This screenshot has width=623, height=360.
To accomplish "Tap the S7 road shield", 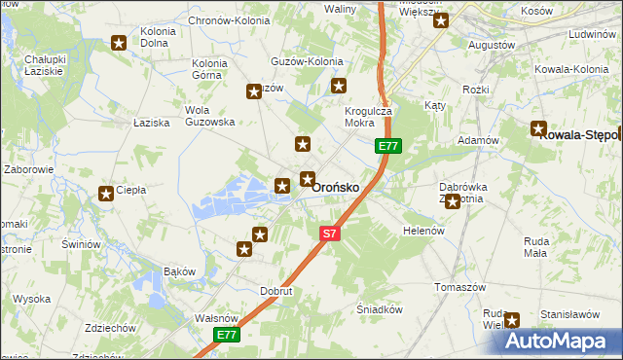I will [331, 234].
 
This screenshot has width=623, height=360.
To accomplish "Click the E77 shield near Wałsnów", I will [227, 335].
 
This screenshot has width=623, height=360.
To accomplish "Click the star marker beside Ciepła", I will [106, 194].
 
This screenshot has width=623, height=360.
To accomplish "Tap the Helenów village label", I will [423, 231].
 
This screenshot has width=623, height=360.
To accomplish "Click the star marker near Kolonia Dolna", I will [119, 43].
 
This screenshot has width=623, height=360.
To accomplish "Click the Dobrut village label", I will [276, 290].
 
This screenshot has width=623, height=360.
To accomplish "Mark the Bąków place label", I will [180, 270].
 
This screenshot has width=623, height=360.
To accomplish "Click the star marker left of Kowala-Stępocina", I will [538, 127].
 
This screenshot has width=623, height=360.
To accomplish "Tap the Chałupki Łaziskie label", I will [45, 66].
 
